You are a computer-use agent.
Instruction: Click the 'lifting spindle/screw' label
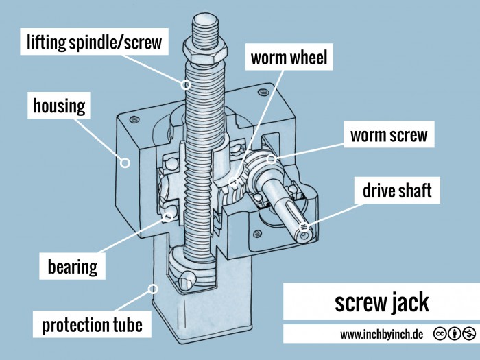[95, 43]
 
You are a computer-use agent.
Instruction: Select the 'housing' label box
[60, 106]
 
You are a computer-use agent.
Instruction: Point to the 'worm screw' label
[388, 135]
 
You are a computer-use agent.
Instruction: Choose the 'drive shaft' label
[398, 191]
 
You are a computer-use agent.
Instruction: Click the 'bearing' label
[72, 265]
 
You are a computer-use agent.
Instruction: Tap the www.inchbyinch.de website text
[381, 335]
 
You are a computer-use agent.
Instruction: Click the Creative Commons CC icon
[441, 334]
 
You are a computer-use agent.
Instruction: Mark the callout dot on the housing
[125, 163]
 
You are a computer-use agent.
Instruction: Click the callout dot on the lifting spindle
[185, 85]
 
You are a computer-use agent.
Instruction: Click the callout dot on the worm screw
[272, 160]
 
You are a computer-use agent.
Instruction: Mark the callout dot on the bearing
[167, 217]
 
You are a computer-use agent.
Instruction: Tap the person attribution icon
[455, 334]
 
